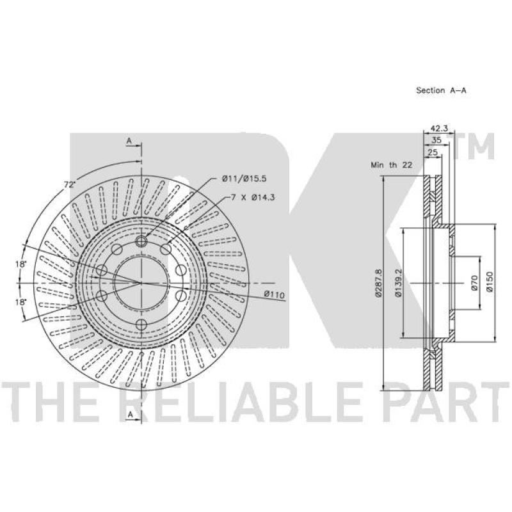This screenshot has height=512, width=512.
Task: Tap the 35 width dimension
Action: click(x=437, y=140)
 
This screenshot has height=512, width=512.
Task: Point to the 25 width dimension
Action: click(x=433, y=152)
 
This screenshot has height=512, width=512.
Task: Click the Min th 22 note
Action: click(x=392, y=165)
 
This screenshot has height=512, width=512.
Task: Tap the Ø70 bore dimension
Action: click(x=474, y=282)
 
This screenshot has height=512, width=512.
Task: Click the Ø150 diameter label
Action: click(x=490, y=282)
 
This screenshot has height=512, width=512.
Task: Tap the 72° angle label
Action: click(x=69, y=185)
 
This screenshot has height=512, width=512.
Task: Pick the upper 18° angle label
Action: click(x=22, y=264)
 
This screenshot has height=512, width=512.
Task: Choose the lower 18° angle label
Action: click(x=22, y=301)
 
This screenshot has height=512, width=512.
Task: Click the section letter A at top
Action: click(x=129, y=140)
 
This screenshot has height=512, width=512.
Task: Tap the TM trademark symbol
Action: click(x=477, y=148)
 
